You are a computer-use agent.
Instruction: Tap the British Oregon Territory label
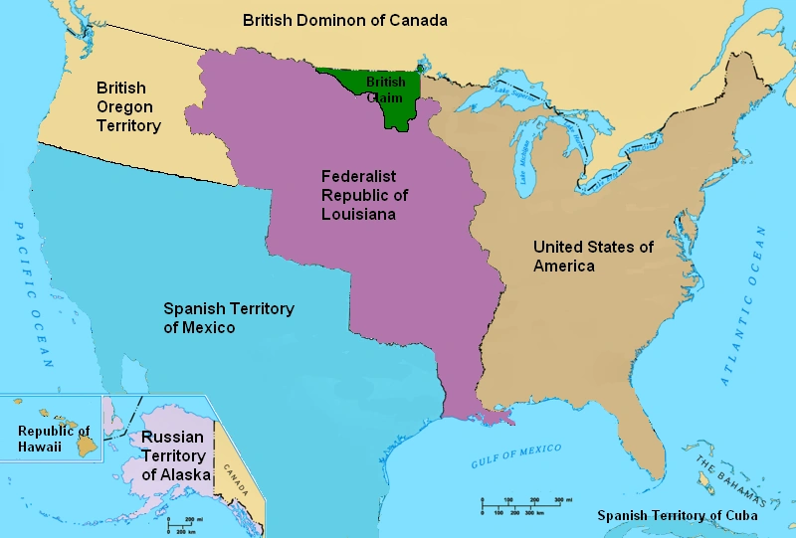coord(127,107)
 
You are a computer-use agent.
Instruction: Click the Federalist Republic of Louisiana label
coord(364,195)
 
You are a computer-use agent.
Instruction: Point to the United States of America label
coord(593,256)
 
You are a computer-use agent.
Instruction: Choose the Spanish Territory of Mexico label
coord(228,318)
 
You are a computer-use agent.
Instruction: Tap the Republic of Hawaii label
coord(54,439)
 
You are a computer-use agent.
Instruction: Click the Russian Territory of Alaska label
coord(177,456)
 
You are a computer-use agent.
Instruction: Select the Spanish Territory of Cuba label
coord(677,515)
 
